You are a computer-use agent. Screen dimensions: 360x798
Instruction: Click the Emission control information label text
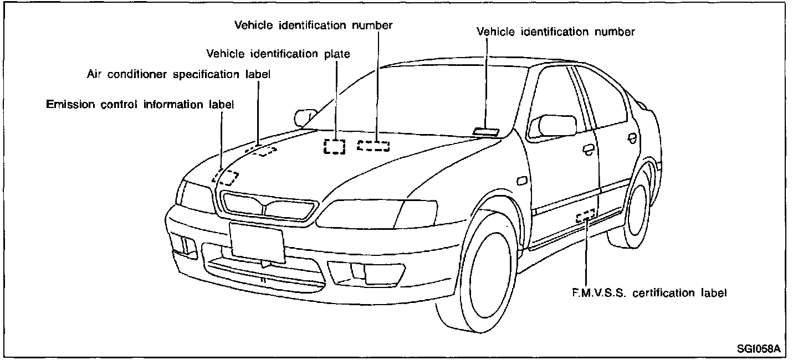(140, 104)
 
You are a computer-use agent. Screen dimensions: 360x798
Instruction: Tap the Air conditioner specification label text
(178, 74)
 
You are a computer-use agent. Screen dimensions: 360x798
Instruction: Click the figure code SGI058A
(759, 349)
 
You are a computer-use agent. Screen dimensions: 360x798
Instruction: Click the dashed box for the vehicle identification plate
(335, 146)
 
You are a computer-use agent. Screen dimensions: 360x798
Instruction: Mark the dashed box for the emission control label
(226, 178)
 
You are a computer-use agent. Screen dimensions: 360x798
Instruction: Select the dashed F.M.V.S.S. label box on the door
(585, 215)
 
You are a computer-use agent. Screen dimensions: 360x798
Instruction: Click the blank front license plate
(257, 241)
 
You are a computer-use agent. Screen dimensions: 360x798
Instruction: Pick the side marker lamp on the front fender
(521, 181)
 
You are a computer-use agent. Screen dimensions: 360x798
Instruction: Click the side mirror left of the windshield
(303, 117)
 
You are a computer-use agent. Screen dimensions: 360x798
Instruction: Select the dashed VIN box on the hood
(374, 146)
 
